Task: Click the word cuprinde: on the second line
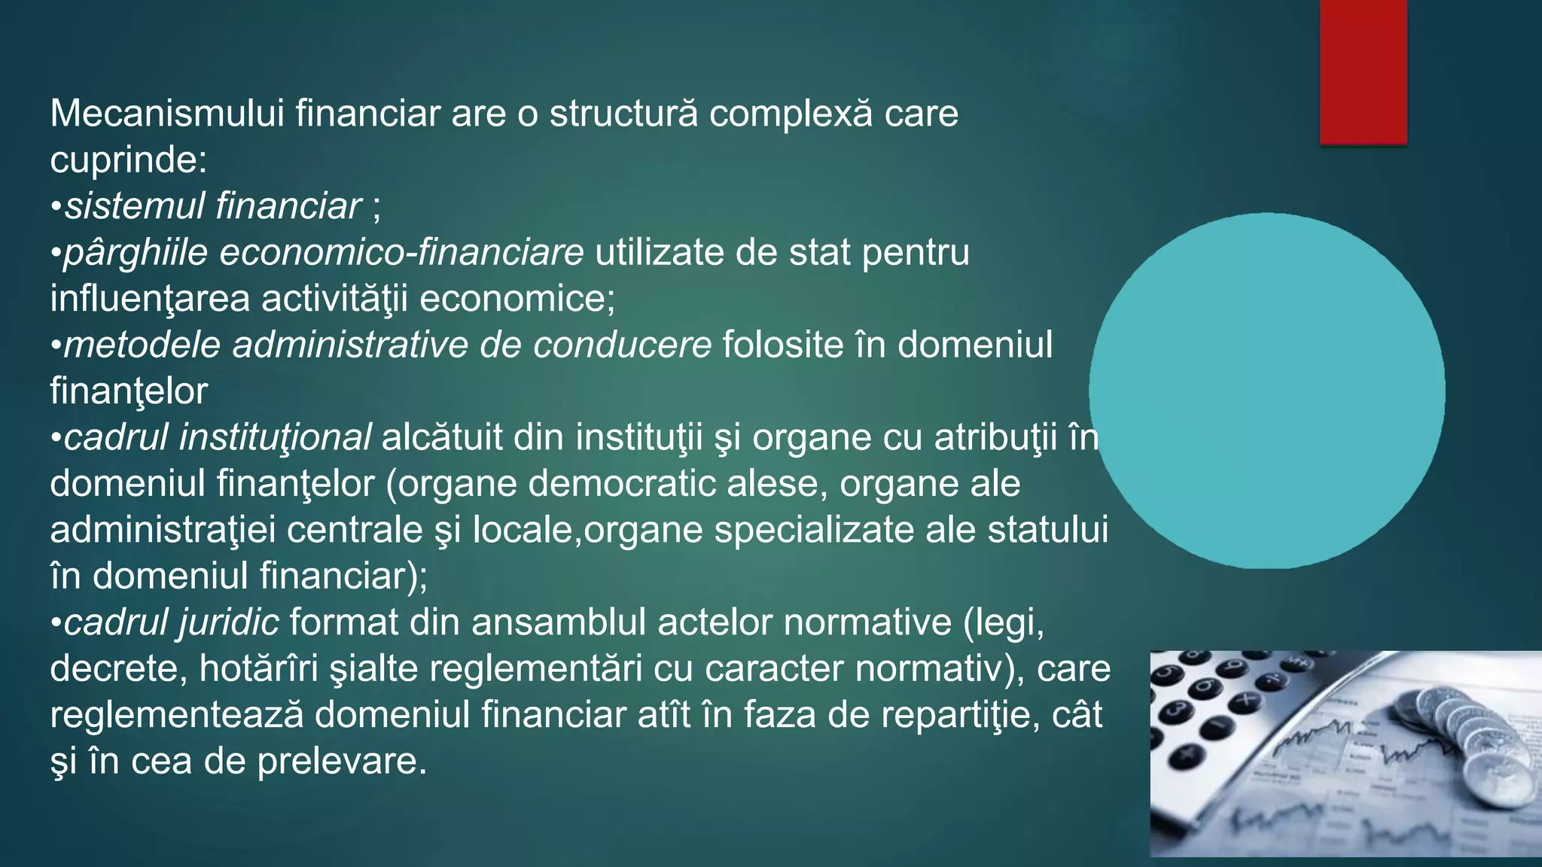click(x=128, y=160)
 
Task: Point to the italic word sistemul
click(x=134, y=206)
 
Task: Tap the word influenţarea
click(x=150, y=299)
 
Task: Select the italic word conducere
click(x=622, y=345)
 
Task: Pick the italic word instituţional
click(x=275, y=438)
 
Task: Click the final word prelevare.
click(x=342, y=762)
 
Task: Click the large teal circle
click(x=1266, y=391)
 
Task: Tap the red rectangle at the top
click(x=1363, y=71)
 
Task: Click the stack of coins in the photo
click(x=1468, y=745)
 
